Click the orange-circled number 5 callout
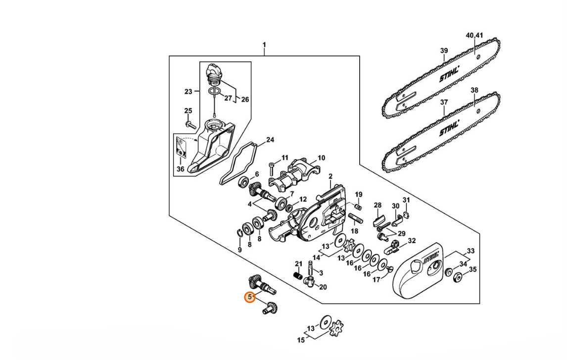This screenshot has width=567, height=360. [249, 298]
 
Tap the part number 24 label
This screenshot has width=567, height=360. [270, 140]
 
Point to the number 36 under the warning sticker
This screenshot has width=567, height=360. [180, 169]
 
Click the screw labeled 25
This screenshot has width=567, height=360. [190, 125]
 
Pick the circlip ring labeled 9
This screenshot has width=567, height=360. [240, 234]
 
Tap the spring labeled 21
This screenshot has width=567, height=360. [298, 275]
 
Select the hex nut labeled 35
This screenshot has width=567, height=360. [457, 277]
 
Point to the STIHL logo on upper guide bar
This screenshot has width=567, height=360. [449, 74]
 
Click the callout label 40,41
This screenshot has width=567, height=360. [474, 36]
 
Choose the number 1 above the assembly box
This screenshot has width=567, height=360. [264, 45]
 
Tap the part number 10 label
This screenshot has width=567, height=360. [321, 158]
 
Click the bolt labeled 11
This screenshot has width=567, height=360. [272, 169]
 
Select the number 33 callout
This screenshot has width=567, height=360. [471, 251]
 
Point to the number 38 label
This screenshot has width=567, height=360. [474, 90]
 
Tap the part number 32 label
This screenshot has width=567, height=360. [412, 241]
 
